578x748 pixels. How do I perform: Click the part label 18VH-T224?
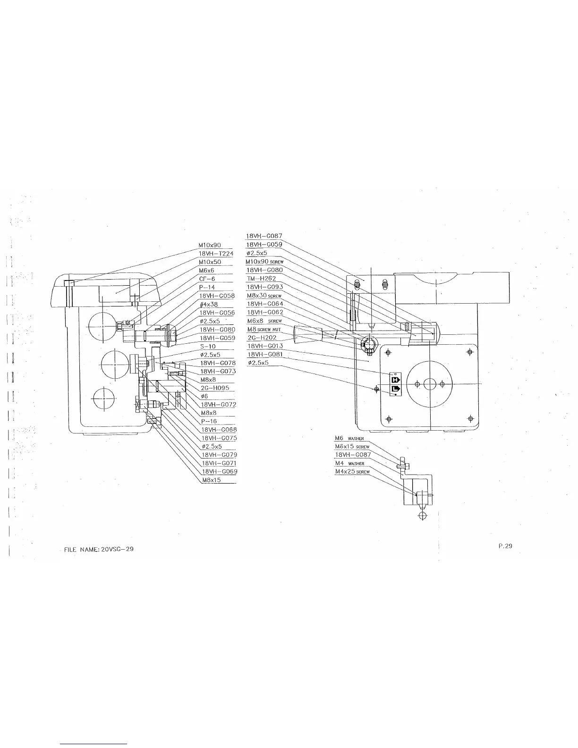point(216,254)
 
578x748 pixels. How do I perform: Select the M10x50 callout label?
point(210,262)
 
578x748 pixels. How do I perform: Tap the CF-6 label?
point(207,279)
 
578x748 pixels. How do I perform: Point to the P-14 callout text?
point(207,287)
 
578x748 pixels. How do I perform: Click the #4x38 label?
point(208,304)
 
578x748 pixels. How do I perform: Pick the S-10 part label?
point(208,346)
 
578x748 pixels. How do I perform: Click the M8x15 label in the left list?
point(211,480)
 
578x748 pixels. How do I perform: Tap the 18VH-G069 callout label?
point(219,471)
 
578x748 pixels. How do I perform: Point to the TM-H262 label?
point(261,279)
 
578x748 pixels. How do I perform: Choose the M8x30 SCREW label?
point(264,295)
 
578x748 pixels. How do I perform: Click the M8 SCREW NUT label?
point(264,329)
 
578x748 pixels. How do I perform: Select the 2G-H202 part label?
point(262,338)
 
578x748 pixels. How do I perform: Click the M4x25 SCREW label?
point(352,471)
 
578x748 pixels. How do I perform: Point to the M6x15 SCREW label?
point(352,446)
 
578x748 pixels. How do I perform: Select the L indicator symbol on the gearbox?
point(395,389)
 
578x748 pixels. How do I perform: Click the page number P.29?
point(505,546)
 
